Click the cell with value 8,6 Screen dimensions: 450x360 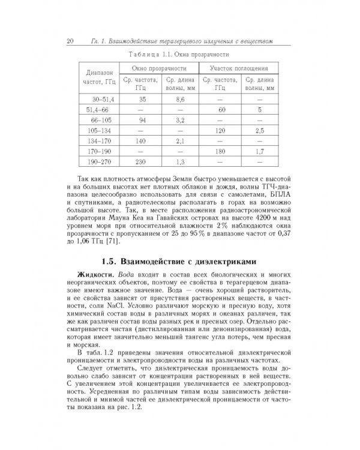point(179,98)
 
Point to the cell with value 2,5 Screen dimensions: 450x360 point(259,130)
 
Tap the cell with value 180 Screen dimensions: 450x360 point(220,152)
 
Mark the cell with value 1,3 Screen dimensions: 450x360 point(179,163)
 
